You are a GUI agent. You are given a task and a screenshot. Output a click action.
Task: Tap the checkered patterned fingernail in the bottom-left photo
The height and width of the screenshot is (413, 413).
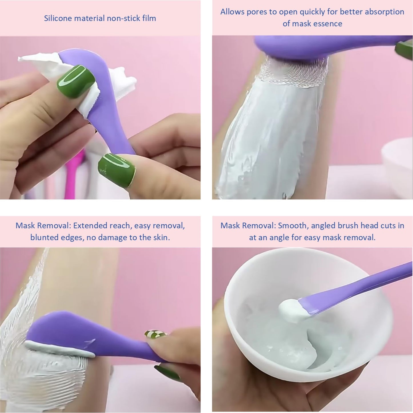tap(156, 334)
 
